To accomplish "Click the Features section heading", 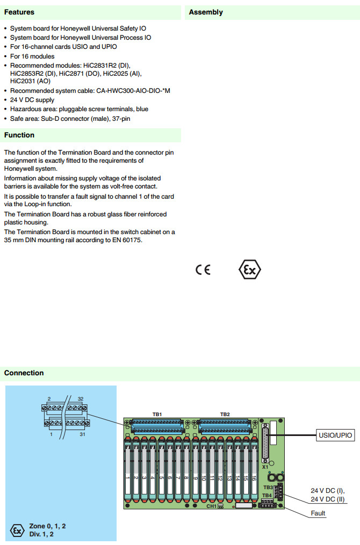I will (19, 12).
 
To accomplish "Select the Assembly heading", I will (206, 12).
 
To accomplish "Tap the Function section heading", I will (19, 135).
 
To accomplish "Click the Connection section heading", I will (24, 373).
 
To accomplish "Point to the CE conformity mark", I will (203, 270).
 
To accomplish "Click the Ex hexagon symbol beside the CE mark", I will (249, 270).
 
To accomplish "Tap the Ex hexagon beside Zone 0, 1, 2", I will (17, 531).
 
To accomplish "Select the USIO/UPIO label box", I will (335, 435).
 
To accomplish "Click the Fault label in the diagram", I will (318, 513).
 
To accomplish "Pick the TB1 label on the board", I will (157, 415).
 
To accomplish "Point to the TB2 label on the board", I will (225, 415).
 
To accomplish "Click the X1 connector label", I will (265, 467).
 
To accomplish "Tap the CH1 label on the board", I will (211, 506).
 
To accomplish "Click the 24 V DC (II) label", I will (328, 499).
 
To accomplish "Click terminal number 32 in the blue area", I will (81, 398).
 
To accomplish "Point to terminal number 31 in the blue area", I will (82, 434).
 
